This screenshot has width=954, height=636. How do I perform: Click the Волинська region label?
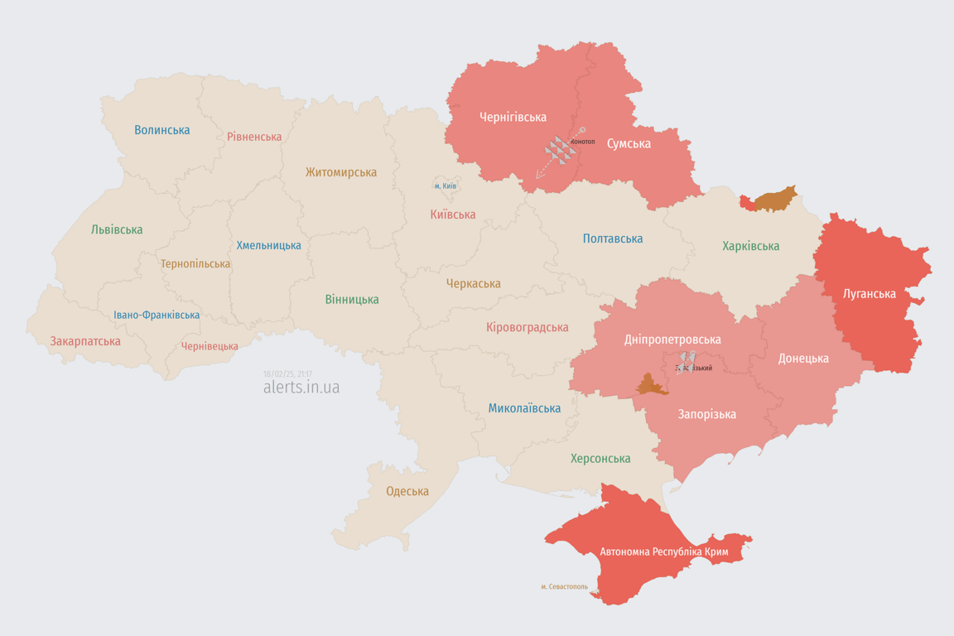[161, 130]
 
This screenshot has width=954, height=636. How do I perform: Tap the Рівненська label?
[254, 137]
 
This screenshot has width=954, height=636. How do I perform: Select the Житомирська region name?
[340, 172]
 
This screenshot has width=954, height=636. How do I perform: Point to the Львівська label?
[117, 229]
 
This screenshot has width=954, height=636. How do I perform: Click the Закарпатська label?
[85, 341]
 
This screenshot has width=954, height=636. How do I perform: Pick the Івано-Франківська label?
[157, 316]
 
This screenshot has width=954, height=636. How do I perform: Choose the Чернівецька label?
[210, 346]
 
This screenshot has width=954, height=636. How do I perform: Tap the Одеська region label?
[407, 491]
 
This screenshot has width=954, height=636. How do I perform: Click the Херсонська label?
[600, 458]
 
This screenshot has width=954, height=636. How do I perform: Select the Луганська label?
[870, 293]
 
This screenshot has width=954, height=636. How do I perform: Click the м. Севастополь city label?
[564, 586]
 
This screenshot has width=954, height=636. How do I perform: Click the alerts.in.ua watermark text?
[301, 387]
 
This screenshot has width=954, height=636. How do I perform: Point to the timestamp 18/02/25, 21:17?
[287, 373]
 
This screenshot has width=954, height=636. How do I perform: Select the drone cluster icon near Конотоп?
[559, 150]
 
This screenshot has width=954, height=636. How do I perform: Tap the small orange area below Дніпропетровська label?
[651, 385]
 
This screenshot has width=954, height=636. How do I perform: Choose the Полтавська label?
[613, 238]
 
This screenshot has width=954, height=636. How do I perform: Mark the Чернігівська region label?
[513, 117]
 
